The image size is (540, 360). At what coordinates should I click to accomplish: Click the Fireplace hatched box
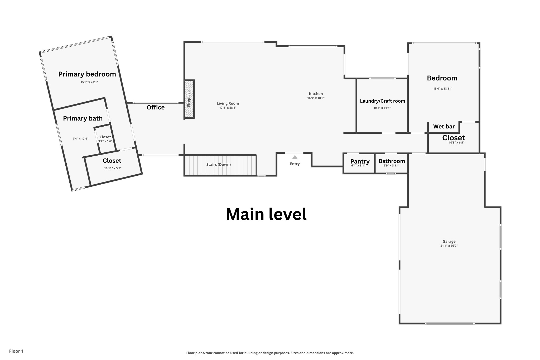point(189,99)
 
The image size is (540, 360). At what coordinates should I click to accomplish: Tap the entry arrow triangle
point(295,157)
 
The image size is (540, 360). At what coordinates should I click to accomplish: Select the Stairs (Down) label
point(218,165)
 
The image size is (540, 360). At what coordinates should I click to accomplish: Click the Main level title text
point(266,214)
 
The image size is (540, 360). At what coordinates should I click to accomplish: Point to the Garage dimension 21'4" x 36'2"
point(449,246)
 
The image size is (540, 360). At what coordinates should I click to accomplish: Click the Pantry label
point(360,161)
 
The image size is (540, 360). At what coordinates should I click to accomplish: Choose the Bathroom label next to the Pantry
point(392,161)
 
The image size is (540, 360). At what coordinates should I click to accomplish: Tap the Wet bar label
point(444,127)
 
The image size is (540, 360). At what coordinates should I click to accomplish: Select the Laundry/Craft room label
point(382,101)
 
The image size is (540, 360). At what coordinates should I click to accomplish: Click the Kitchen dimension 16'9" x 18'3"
point(316,98)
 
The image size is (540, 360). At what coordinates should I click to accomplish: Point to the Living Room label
point(228,103)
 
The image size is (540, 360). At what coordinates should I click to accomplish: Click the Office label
point(156,107)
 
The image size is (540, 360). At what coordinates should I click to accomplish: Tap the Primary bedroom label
point(87,74)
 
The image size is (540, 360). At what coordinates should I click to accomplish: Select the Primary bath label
point(83,118)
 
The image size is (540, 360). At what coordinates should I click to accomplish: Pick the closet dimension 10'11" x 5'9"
point(113,168)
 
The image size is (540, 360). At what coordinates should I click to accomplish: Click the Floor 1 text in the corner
point(16,351)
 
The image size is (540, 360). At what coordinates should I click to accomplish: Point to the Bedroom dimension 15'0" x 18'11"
point(442,89)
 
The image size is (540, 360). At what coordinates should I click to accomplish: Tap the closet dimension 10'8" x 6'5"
point(456,143)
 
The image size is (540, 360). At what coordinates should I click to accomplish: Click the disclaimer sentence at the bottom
point(270,353)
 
